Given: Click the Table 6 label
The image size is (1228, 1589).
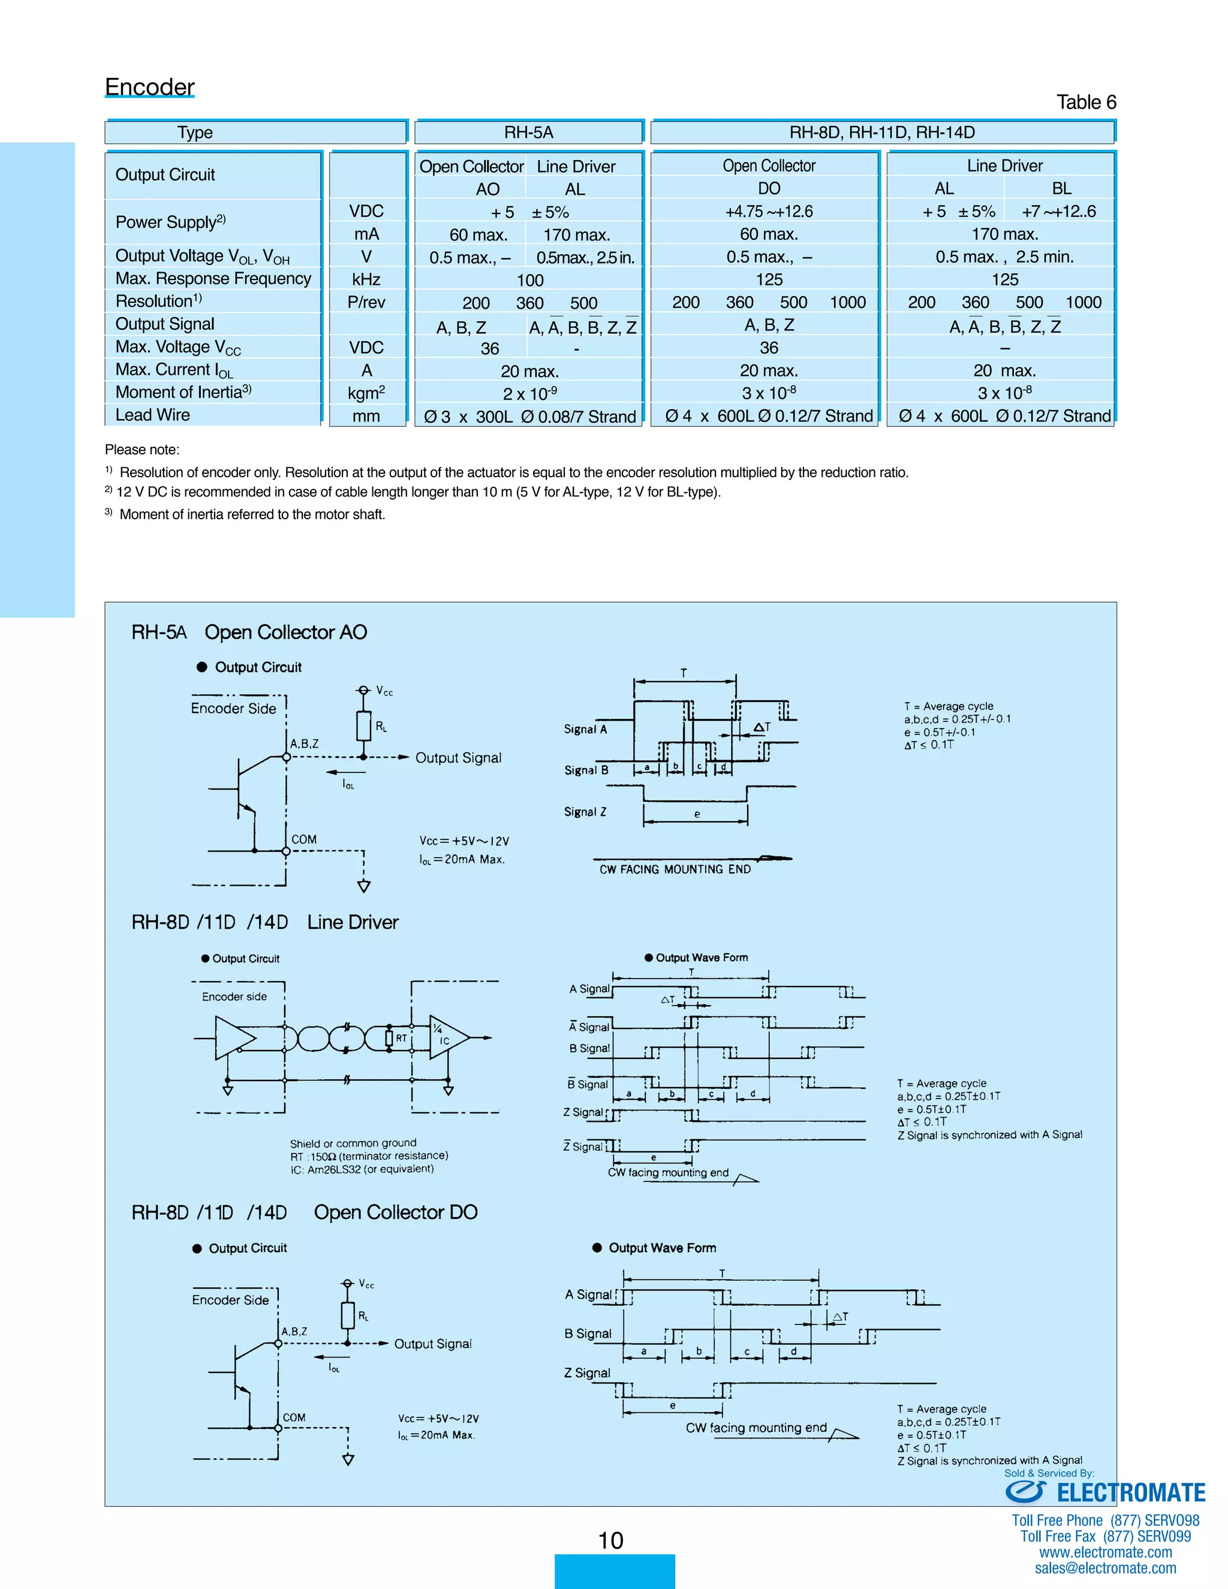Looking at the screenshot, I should pyautogui.click(x=1085, y=102).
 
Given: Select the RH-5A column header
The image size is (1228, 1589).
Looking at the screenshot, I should pyautogui.click(x=529, y=133).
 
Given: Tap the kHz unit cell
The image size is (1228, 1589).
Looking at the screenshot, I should pyautogui.click(x=366, y=279).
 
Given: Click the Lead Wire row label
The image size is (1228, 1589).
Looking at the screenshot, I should pyautogui.click(x=153, y=415).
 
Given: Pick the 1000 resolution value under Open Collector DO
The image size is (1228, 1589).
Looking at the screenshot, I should pyautogui.click(x=847, y=303).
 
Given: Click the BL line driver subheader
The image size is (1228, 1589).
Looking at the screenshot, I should pyautogui.click(x=1061, y=188).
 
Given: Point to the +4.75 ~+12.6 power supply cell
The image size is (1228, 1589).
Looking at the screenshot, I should pyautogui.click(x=768, y=212).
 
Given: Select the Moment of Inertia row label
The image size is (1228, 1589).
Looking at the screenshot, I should pyautogui.click(x=183, y=392).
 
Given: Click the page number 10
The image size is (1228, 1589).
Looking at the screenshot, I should pyautogui.click(x=610, y=1540).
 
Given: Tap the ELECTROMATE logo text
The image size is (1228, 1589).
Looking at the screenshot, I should pyautogui.click(x=1130, y=1493).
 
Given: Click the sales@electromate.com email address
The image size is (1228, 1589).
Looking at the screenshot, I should pyautogui.click(x=1105, y=1568).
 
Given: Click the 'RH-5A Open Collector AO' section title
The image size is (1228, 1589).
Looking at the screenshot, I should pyautogui.click(x=249, y=632).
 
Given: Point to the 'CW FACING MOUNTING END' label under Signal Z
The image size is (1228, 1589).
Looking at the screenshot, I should pyautogui.click(x=675, y=869).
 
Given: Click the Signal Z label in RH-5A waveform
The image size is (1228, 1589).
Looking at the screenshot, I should pyautogui.click(x=585, y=812).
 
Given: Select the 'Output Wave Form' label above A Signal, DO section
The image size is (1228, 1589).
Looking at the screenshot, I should pyautogui.click(x=661, y=1248).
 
